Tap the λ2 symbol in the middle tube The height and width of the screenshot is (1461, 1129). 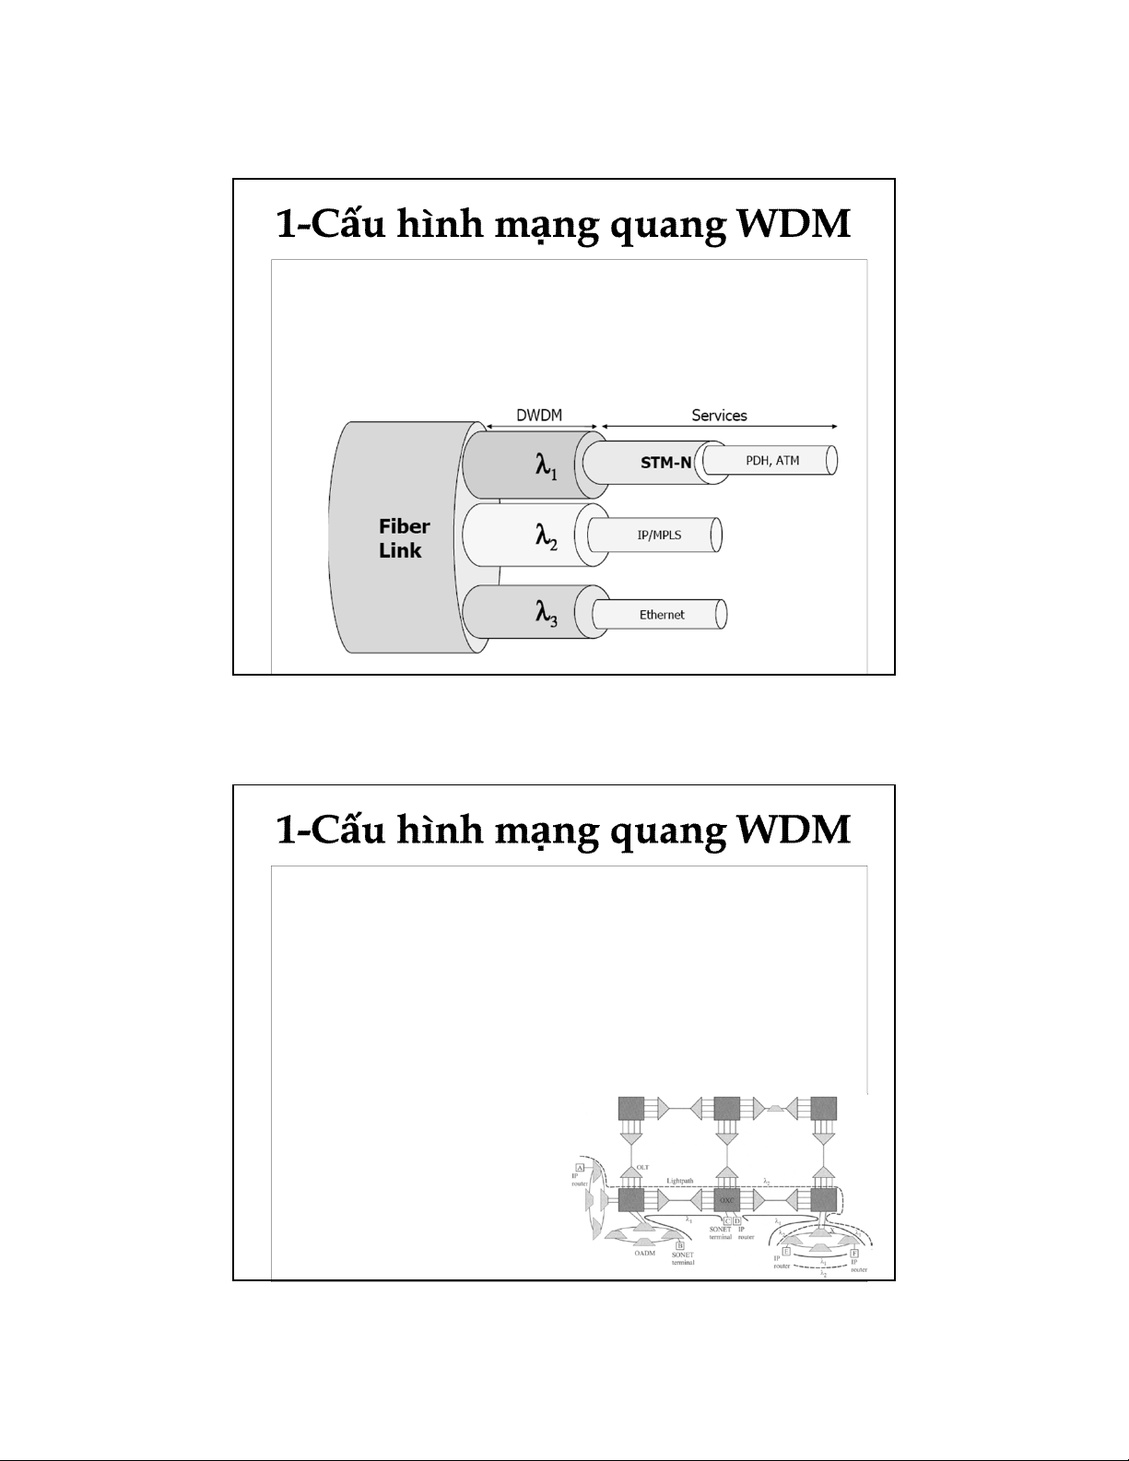coord(547,536)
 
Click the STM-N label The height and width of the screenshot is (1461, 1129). coord(665,463)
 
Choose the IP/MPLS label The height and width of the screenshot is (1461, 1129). coord(660,535)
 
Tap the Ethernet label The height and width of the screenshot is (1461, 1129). coord(662,615)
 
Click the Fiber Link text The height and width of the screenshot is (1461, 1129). coord(404,538)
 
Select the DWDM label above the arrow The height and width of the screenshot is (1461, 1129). coord(539,416)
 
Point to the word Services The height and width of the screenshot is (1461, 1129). coord(719,416)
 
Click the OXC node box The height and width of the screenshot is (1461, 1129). coord(727,1200)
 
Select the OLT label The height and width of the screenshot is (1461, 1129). coord(643,1168)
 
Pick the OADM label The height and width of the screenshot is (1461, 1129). coord(645,1254)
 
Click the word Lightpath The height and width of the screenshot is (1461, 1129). coord(680,1180)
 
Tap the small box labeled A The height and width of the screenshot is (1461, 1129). coord(581,1168)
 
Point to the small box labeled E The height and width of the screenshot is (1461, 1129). coord(785,1251)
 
